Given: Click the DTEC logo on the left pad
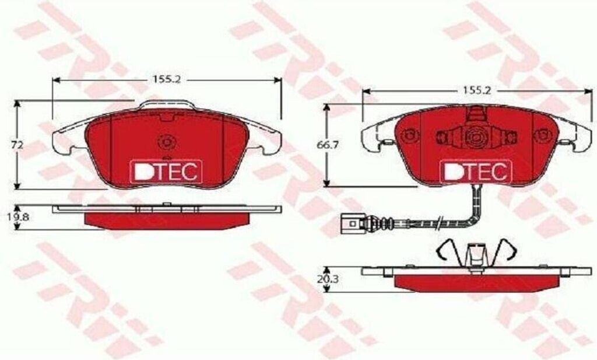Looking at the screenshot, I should click(166, 170).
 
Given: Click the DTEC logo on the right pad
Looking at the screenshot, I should click(475, 171).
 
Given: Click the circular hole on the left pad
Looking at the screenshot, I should click(166, 142).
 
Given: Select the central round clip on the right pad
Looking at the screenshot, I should click(475, 138).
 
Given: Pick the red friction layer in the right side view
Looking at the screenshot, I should click(475, 282).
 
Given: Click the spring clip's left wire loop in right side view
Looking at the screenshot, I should click(447, 250).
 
